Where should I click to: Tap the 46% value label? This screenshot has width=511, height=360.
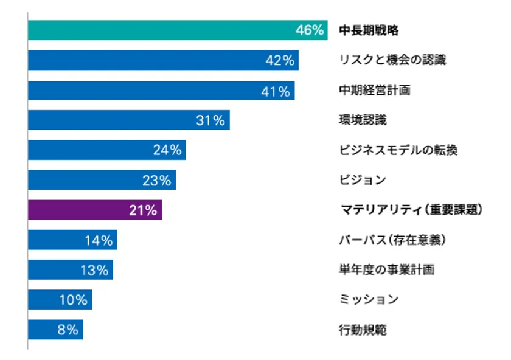click(309, 30)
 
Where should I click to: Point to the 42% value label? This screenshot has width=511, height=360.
click(280, 60)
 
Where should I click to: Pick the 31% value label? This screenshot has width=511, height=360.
click(210, 120)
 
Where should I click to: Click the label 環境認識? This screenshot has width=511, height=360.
click(363, 120)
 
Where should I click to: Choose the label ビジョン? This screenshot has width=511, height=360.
click(363, 180)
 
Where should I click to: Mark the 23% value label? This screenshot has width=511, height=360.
click(157, 180)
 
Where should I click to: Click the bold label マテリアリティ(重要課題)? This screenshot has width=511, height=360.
click(411, 210)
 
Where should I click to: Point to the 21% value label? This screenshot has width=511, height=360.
click(144, 210)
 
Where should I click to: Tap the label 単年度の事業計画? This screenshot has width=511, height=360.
click(386, 270)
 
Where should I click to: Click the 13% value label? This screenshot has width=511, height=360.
click(94, 270)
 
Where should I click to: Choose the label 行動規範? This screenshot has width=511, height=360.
click(363, 330)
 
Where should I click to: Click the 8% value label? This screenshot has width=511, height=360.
click(68, 330)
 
